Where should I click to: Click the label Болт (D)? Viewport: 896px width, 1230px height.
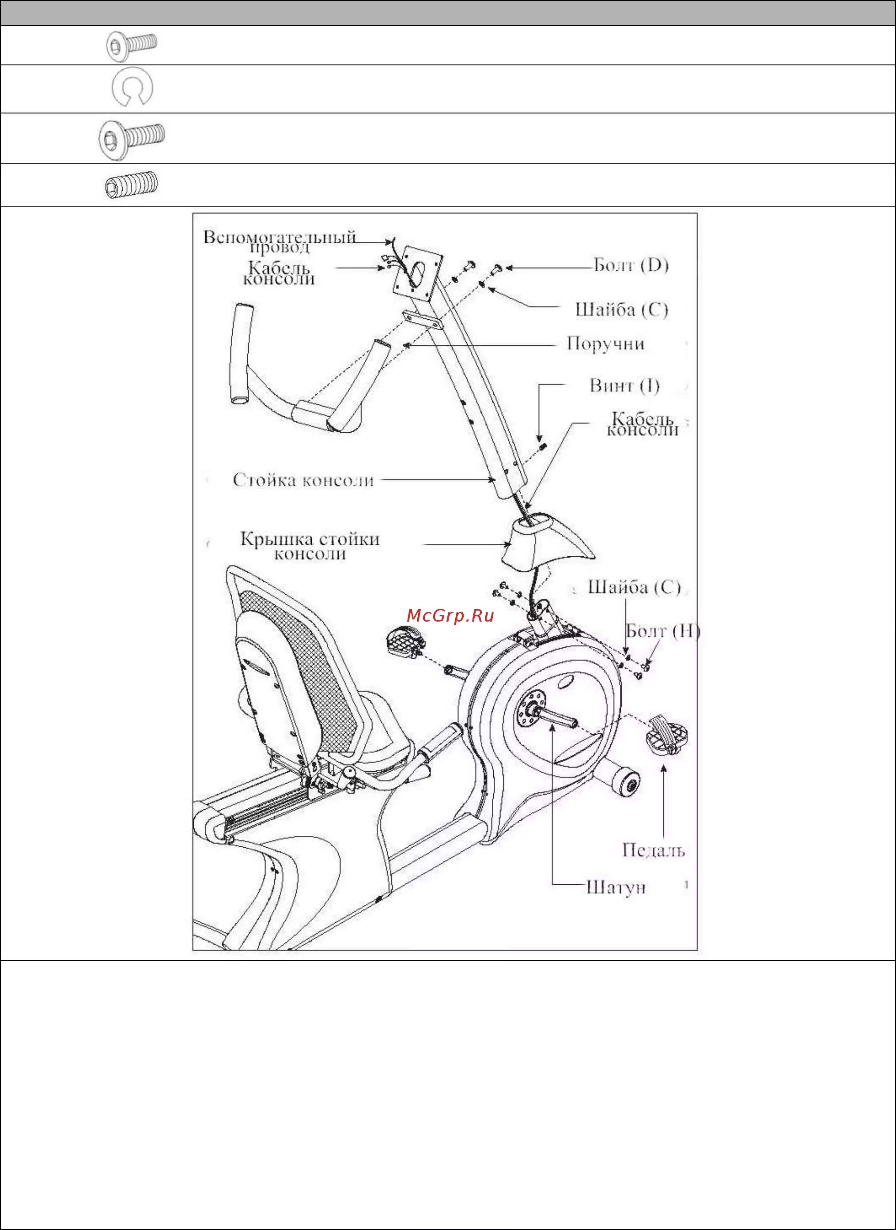pyautogui.click(x=631, y=265)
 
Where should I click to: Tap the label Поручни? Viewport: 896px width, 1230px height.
pyautogui.click(x=605, y=343)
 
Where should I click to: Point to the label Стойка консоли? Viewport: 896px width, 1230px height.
pyautogui.click(x=303, y=480)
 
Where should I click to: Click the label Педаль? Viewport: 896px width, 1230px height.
pyautogui.click(x=653, y=850)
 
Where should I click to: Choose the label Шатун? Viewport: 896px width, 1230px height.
pyautogui.click(x=616, y=887)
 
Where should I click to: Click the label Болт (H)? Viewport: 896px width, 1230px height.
pyautogui.click(x=663, y=631)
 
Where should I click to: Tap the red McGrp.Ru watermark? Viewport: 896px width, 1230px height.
pyautogui.click(x=450, y=615)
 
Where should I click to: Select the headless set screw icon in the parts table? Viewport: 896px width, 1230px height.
pyautogui.click(x=131, y=185)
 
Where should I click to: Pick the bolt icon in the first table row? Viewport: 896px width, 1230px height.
pyautogui.click(x=132, y=45)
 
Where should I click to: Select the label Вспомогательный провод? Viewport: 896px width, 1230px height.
pyautogui.click(x=280, y=242)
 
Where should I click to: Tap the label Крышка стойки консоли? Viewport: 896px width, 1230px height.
pyautogui.click(x=310, y=546)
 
